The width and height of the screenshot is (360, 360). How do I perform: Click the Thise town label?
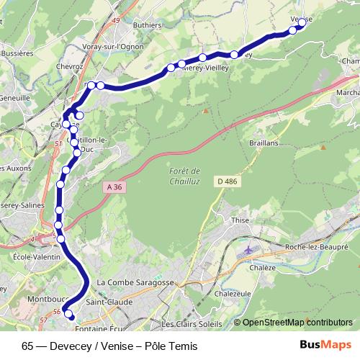(240, 220)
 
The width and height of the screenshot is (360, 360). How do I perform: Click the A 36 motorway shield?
(111, 186)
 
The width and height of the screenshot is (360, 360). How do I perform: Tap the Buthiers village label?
(147, 24)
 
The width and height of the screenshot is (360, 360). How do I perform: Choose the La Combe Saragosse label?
(135, 283)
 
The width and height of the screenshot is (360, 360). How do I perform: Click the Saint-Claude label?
(109, 302)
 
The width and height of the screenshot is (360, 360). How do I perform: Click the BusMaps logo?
(330, 345)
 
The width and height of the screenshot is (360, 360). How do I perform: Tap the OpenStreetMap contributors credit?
(297, 323)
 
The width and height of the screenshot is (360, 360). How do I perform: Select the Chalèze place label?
(264, 267)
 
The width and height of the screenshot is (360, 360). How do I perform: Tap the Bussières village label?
(17, 53)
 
